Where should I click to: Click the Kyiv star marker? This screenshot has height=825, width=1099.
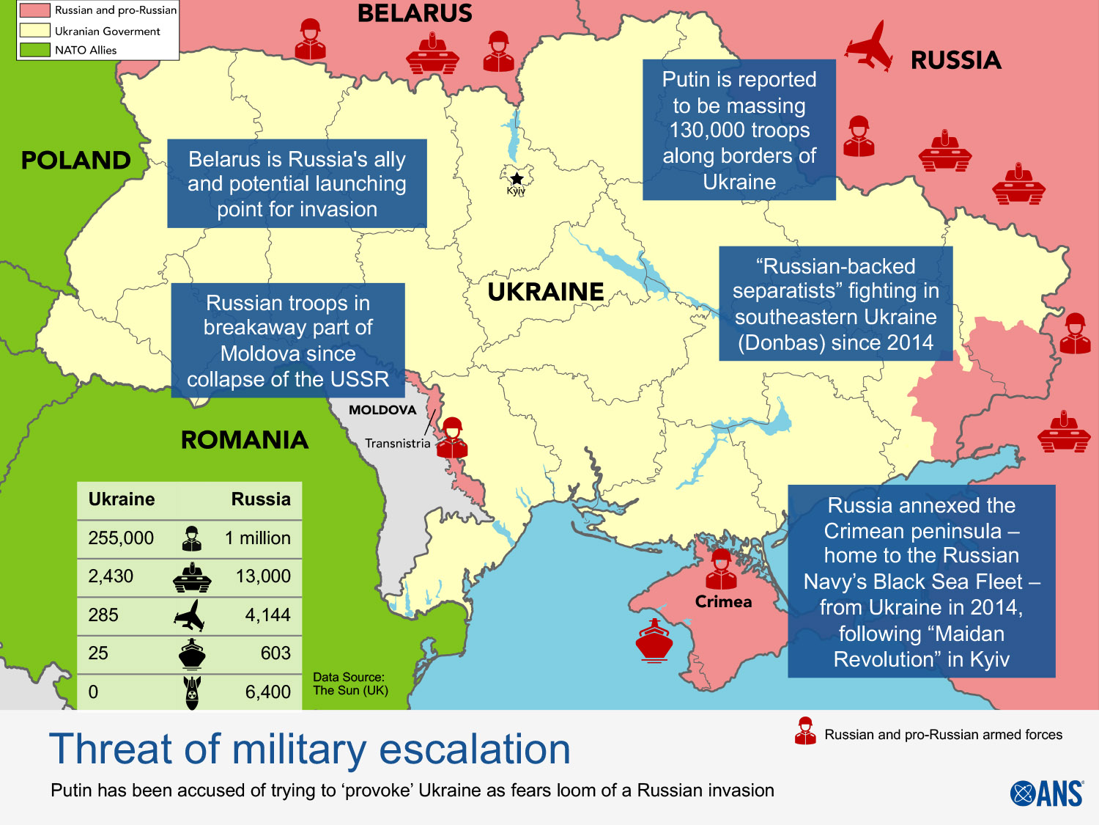point(517,178)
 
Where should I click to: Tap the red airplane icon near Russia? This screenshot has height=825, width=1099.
point(870,46)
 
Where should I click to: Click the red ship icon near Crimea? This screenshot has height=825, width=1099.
point(654,641)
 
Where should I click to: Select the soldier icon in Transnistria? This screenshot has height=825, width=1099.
point(452,439)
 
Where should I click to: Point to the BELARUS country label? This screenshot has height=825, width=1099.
point(415,13)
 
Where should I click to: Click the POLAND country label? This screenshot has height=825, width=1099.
point(75,160)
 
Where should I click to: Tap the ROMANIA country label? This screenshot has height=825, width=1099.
point(245,440)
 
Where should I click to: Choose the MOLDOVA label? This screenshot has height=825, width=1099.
point(382,410)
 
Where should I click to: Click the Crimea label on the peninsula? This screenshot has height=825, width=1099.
point(723,602)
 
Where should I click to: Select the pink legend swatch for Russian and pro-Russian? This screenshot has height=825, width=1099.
point(34,10)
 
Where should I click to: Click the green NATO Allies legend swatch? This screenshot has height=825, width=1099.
point(34,50)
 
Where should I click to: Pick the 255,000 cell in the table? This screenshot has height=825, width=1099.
point(121,538)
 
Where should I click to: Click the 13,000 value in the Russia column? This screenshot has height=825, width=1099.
point(263,576)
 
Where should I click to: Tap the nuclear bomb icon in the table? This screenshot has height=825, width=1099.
point(192,692)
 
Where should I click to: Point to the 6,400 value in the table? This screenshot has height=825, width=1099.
point(267,692)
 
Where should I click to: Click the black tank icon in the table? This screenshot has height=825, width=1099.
point(192,578)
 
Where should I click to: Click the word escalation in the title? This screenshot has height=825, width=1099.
point(474,749)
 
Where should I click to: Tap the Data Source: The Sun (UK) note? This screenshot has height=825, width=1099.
point(349,683)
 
